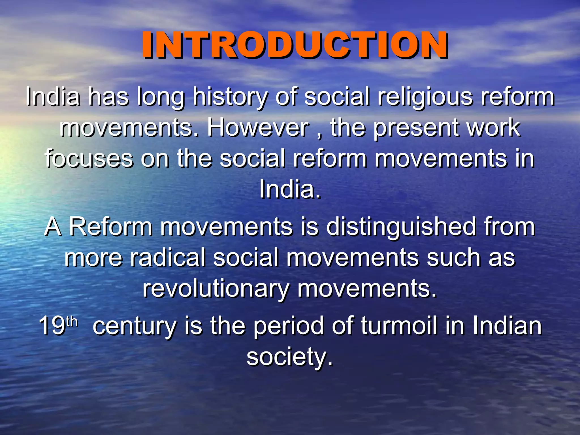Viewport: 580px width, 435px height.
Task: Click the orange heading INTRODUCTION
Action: tap(295, 45)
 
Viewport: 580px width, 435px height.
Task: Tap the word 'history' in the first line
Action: tap(230, 97)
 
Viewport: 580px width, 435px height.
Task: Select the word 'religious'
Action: tap(425, 97)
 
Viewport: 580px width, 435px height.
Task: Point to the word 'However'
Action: tap(258, 128)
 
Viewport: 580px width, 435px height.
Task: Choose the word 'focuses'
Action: tap(89, 159)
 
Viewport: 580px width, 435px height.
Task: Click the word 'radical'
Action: tap(167, 258)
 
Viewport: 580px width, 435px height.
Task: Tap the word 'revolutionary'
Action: tap(216, 289)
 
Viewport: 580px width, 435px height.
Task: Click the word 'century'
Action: tap(135, 326)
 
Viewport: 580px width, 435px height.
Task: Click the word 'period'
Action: tap(288, 326)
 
